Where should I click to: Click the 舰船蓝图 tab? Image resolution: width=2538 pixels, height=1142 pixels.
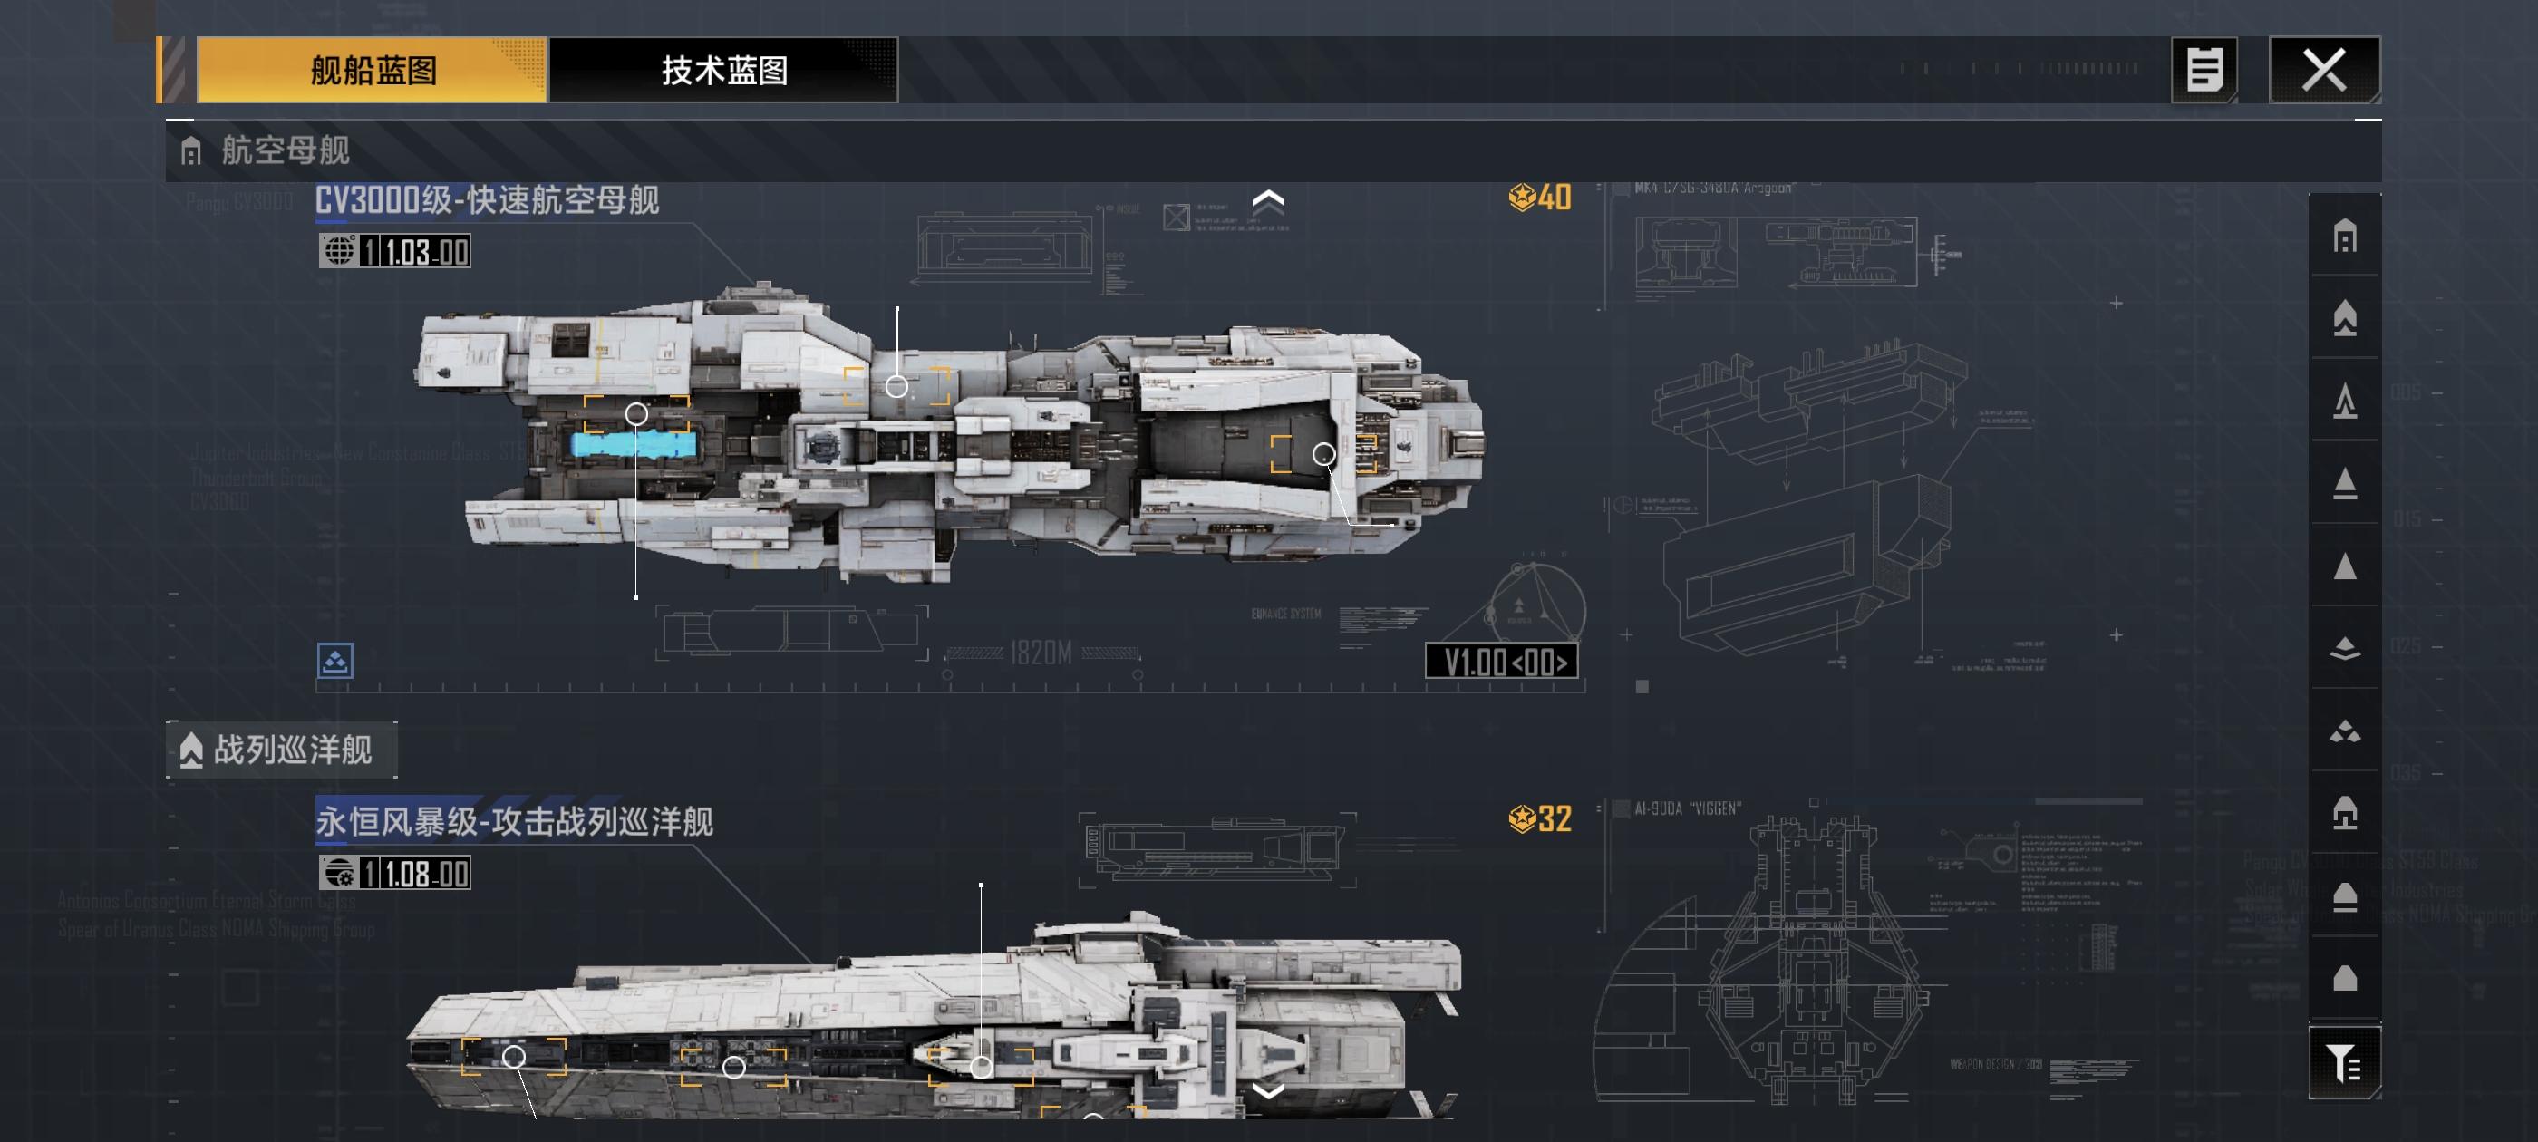373,70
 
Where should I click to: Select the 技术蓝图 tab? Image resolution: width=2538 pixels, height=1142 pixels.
723,70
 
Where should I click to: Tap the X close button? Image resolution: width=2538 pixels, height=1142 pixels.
2324,70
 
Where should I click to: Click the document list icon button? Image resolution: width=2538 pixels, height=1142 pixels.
2204,70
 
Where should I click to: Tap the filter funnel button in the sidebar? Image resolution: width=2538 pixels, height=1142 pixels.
2344,1062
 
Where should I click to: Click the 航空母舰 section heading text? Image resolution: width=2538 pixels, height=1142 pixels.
285,150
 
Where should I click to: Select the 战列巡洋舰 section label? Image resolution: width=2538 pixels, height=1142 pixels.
292,750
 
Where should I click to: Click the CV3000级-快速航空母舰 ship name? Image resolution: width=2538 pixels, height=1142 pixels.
487,200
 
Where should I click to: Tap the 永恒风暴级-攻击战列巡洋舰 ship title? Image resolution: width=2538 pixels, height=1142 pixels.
513,821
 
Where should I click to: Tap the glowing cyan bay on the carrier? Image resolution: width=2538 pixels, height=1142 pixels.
635,445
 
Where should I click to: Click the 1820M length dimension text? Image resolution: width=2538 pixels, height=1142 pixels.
1041,653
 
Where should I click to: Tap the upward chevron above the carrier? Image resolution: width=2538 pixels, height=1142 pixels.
1268,202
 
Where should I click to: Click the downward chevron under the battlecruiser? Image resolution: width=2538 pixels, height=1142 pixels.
1268,1089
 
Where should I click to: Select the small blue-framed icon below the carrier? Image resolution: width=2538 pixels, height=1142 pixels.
335,661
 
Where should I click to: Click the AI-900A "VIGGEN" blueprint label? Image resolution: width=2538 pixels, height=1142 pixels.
1687,809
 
